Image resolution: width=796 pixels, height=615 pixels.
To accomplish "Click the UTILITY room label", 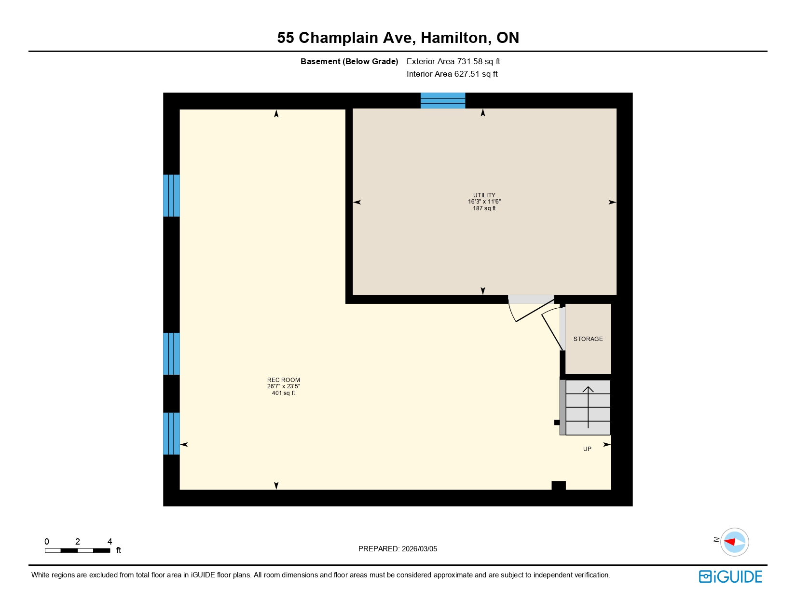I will (x=484, y=195).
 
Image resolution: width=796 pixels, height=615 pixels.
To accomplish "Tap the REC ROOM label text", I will (x=284, y=380).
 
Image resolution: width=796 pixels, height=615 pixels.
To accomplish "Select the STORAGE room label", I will (x=588, y=339).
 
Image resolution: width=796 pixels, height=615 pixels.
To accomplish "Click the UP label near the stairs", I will (x=587, y=449).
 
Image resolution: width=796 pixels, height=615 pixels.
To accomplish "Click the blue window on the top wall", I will (x=442, y=100).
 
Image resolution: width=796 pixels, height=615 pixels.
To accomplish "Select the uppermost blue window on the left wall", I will (x=171, y=195).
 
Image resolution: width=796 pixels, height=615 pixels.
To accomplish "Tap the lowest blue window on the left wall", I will (x=171, y=433).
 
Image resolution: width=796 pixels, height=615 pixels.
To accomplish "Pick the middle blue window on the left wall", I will (x=171, y=354).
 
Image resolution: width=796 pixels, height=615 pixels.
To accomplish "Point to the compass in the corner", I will (x=734, y=542).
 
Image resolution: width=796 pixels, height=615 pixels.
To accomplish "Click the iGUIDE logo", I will (x=730, y=577).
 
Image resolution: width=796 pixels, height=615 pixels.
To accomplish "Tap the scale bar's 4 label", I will (x=110, y=542).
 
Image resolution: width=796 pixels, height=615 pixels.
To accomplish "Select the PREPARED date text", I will (x=398, y=549).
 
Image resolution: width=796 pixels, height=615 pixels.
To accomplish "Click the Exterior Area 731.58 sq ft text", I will (x=453, y=61).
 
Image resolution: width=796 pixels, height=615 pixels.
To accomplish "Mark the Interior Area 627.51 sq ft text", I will (x=452, y=74).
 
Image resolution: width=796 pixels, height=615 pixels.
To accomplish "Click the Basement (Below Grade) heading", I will (x=349, y=61).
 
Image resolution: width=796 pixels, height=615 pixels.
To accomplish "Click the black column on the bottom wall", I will (x=558, y=485).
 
